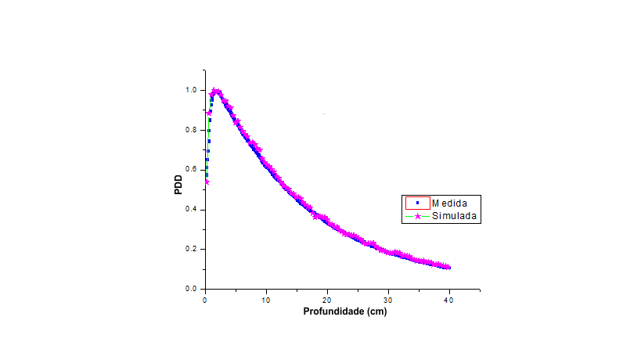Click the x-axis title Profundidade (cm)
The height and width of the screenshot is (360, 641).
point(344,311)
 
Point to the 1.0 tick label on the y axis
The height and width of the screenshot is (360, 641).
point(192,90)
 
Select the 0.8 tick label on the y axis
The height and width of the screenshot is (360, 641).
point(192,130)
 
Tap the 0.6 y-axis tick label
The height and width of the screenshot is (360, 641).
point(192,170)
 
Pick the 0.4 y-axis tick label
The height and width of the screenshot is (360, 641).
point(192,210)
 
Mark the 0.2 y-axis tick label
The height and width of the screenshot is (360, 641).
point(192,250)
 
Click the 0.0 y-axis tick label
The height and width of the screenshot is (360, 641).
point(192,290)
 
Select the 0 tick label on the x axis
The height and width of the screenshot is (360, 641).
point(205,299)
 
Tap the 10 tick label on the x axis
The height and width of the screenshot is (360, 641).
point(266,299)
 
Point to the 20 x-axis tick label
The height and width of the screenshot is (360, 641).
point(327,299)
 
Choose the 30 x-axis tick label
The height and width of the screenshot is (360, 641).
point(388,299)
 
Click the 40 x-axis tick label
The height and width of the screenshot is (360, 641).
point(449,299)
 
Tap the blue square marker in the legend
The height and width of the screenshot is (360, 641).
point(418,203)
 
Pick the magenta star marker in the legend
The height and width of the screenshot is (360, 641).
point(418,215)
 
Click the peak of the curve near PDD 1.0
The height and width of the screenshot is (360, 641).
point(215,91)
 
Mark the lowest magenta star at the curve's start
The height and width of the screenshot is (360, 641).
point(207,182)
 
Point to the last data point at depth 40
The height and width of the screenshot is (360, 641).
point(448,268)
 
